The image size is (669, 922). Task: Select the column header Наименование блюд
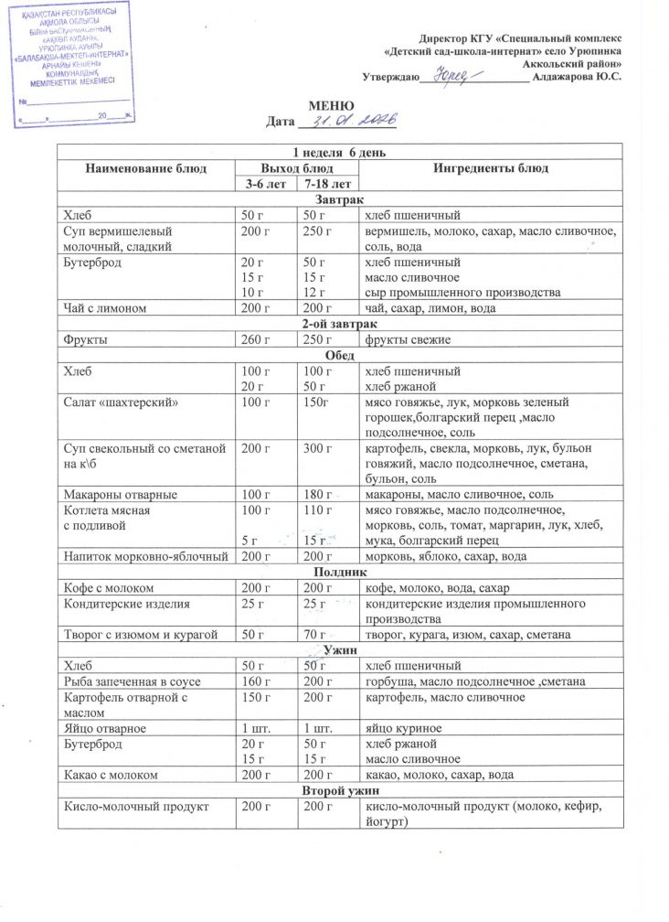146,168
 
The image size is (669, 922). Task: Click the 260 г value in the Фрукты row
253,340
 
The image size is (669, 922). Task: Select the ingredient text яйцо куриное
403,727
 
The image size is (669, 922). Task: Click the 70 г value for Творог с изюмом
316,635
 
